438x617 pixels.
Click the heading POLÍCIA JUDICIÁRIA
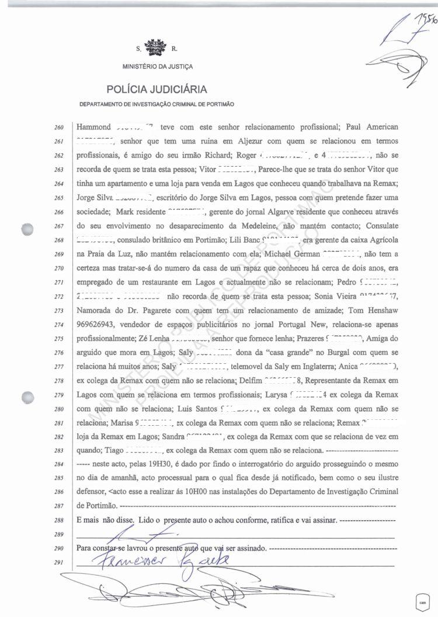coord(156,89)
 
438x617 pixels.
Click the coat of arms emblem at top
coord(155,47)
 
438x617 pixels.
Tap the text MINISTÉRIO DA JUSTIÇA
coord(158,66)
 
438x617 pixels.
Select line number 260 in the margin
coord(59,127)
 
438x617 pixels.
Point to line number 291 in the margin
coord(59,563)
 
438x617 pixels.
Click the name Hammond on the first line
coord(93,127)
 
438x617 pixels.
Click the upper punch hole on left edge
coord(27,230)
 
